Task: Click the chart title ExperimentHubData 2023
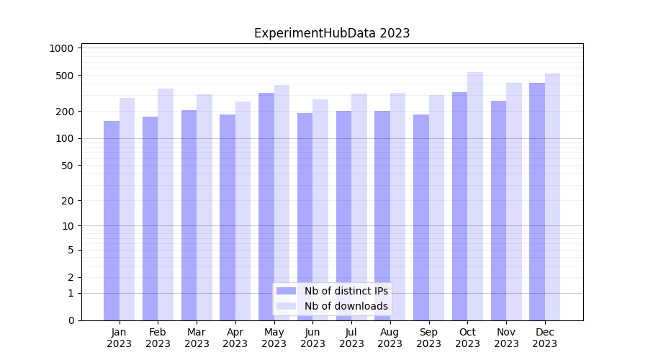click(x=332, y=33)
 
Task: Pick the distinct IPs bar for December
click(x=537, y=202)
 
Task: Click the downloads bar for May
click(x=282, y=202)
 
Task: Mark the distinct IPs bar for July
click(x=343, y=215)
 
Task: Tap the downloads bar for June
click(x=320, y=210)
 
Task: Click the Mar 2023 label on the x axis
click(x=197, y=338)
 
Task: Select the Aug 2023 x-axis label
click(x=390, y=338)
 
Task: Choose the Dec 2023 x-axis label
click(x=545, y=338)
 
